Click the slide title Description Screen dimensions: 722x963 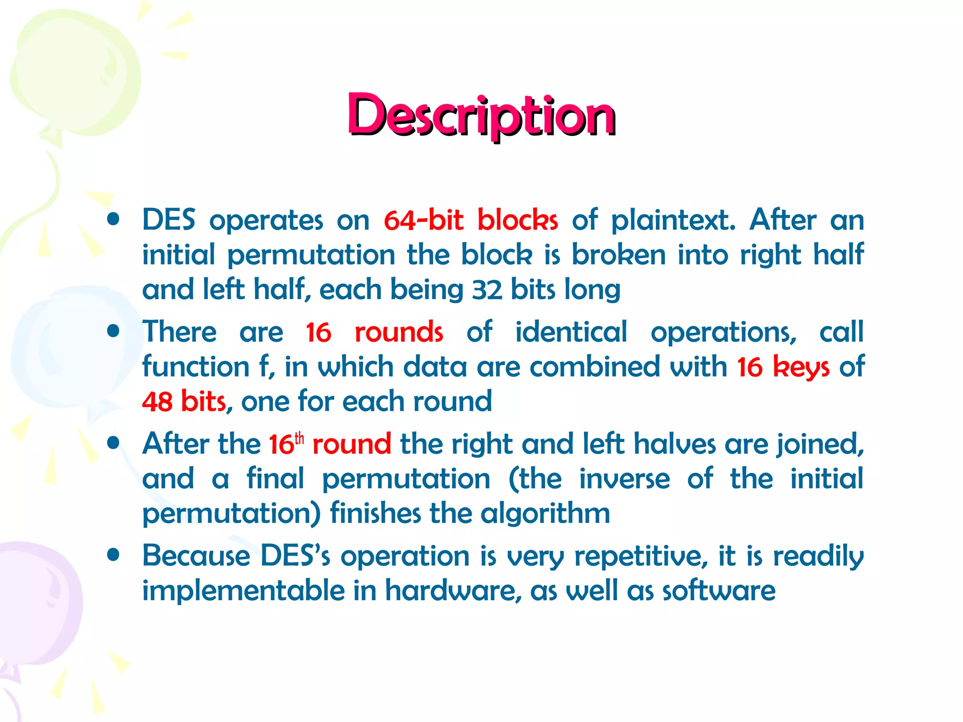pos(481,115)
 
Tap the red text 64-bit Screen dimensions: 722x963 pos(424,220)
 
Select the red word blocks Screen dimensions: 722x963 pos(518,220)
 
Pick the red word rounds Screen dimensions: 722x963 pos(399,332)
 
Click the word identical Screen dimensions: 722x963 pos(571,332)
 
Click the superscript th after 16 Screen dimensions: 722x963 pos(299,439)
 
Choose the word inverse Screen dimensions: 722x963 pos(624,479)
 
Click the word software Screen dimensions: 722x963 pos(719,591)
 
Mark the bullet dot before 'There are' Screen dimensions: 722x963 pos(113,331)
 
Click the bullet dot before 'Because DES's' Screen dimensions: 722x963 pos(113,555)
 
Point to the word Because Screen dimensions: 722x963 pos(197,556)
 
